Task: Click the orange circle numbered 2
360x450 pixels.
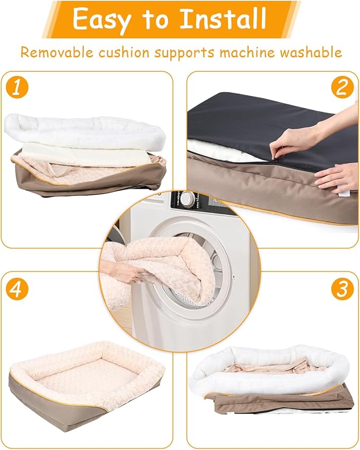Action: click(x=341, y=88)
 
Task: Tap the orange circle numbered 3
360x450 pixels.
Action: click(x=341, y=289)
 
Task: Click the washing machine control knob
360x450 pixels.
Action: click(x=188, y=200)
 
